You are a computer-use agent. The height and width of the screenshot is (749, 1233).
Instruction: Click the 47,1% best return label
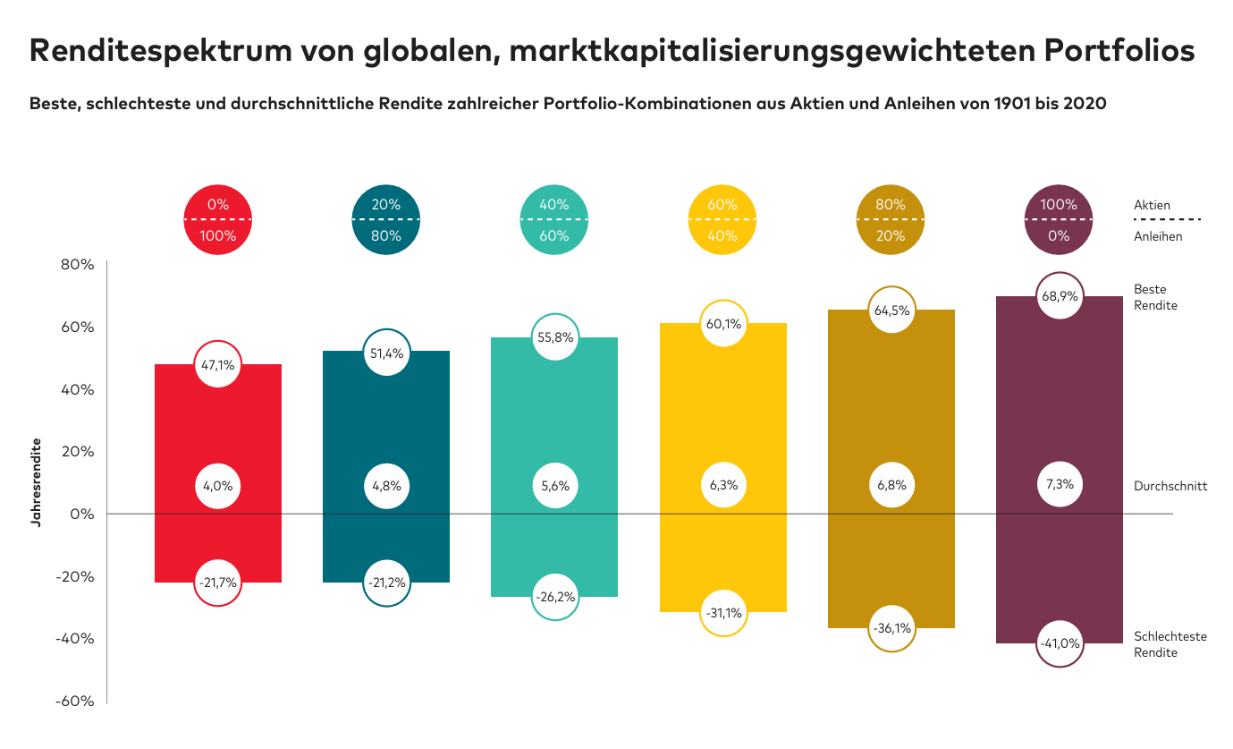coord(218,364)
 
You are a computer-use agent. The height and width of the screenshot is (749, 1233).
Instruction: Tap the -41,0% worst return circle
coord(1059,643)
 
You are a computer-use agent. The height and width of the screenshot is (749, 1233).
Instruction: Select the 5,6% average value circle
coord(554,485)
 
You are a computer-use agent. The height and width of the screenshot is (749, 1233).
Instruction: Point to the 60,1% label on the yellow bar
coord(723,324)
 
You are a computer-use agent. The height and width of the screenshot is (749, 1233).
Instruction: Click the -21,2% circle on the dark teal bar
coord(386,583)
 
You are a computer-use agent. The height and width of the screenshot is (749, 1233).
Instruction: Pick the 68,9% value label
coord(1059,296)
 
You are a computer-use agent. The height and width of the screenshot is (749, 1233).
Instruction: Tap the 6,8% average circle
coord(891,485)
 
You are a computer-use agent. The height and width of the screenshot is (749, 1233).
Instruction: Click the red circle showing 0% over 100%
coord(218,220)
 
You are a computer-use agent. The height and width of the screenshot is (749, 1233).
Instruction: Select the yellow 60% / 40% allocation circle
coord(722,220)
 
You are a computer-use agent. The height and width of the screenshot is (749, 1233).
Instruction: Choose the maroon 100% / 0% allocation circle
coord(1059,220)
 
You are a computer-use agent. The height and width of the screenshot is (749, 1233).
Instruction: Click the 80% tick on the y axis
coord(78,265)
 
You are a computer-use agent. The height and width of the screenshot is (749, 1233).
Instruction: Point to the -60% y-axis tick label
coord(75,702)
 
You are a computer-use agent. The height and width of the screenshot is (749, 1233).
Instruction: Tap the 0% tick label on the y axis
coord(82,515)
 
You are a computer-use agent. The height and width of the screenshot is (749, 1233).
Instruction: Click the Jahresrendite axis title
coord(37,481)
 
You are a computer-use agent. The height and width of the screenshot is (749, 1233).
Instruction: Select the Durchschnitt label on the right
coord(1170,486)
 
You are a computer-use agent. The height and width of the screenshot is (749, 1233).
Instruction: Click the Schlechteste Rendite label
coord(1170,644)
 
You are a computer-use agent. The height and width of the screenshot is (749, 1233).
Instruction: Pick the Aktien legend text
coord(1152,205)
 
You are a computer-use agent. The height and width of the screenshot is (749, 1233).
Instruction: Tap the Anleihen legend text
coord(1158,236)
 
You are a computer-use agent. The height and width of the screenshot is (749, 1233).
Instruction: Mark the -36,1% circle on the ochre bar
coord(891,628)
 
